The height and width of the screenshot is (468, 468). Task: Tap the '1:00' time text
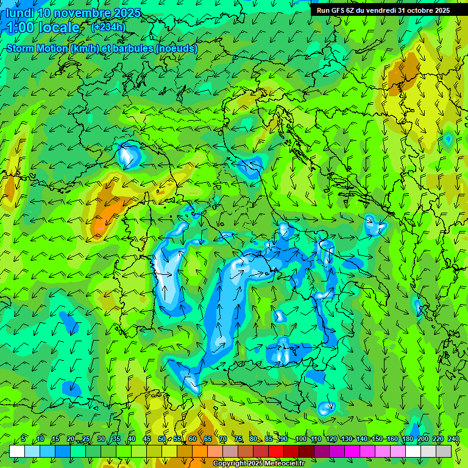pos(21,27)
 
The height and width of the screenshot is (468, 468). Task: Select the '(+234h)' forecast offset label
pos(108,27)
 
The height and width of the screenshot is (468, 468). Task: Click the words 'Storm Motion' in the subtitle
pos(37,48)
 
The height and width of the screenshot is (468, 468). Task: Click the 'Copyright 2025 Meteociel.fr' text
pos(258,464)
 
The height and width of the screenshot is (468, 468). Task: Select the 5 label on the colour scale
pos(23,439)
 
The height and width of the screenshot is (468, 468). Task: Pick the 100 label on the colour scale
pos(300,439)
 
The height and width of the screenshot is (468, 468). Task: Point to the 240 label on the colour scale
pos(453,439)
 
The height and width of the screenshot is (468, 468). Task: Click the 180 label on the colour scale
pos(407,439)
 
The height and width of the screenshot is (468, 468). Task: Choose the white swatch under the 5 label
pos(17,451)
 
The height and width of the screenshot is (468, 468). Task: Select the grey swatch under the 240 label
pos(444,451)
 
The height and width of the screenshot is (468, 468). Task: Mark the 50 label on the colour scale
pos(162,439)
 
